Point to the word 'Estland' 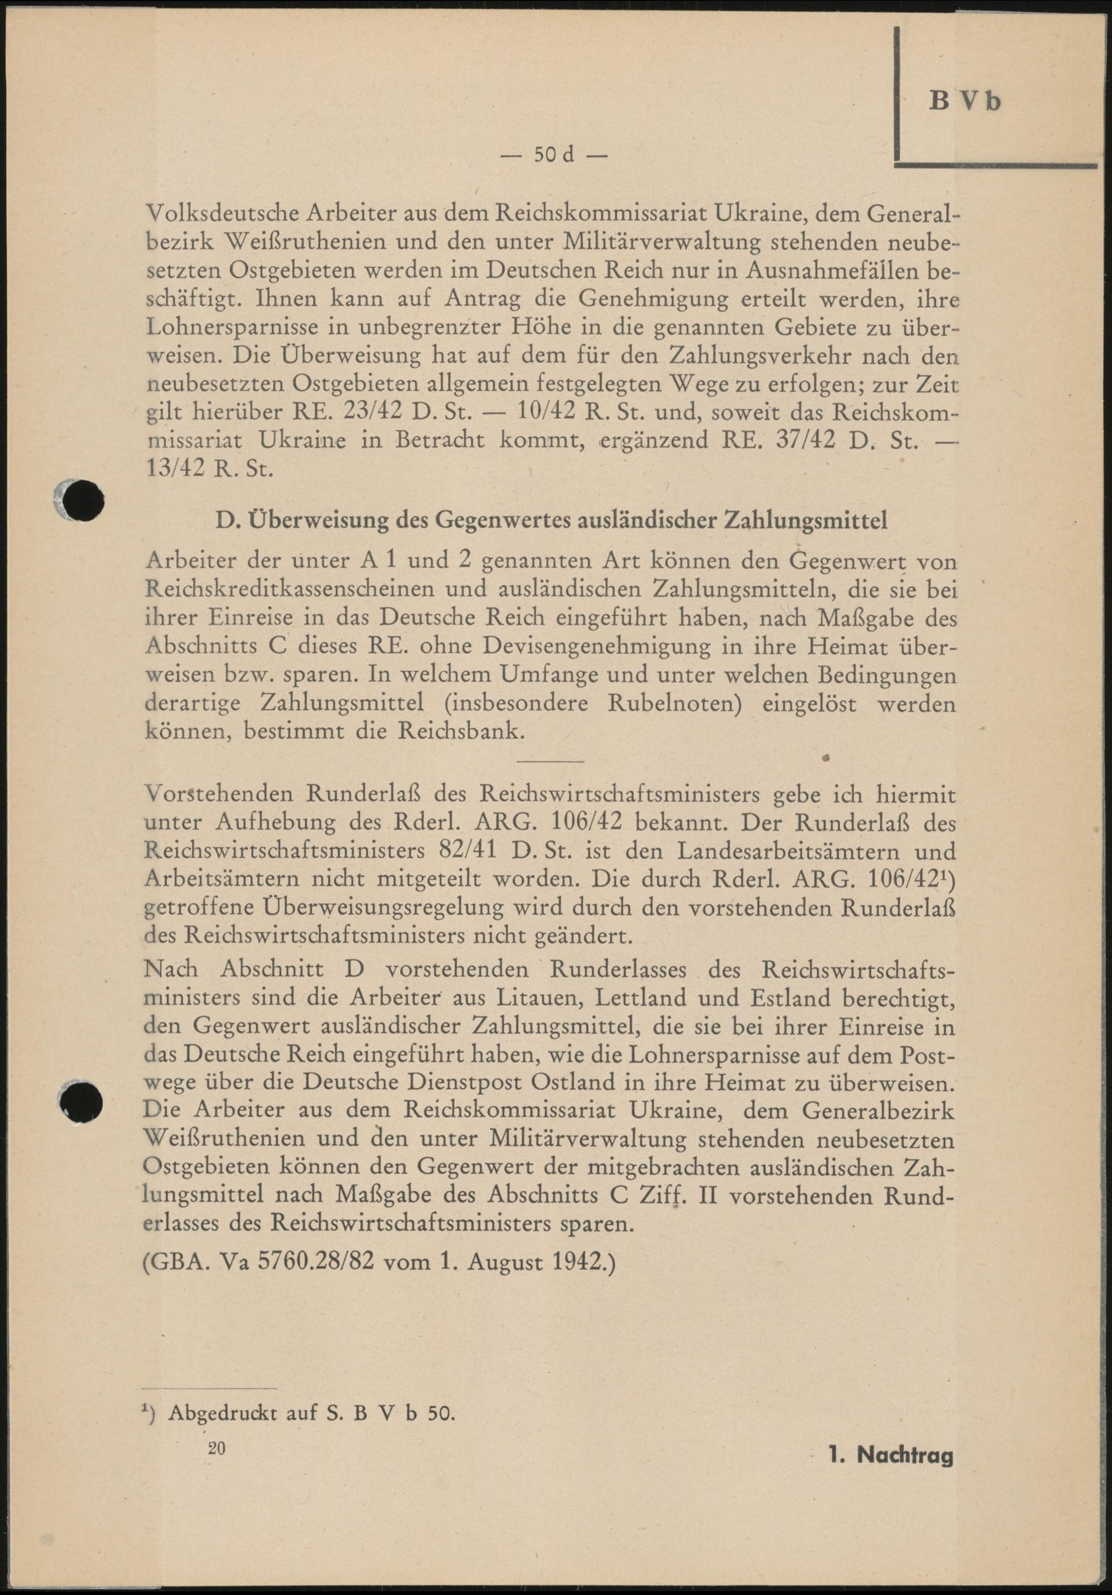(781, 998)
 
